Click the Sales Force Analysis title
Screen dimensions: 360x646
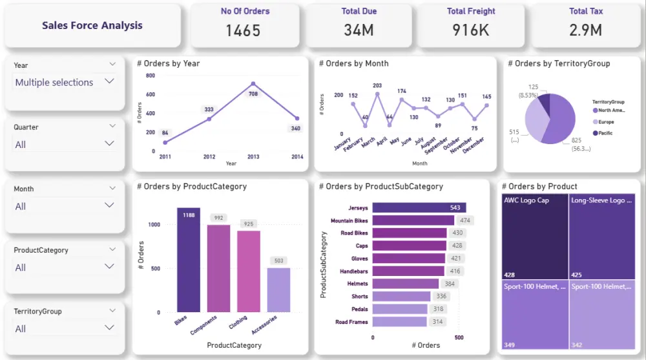click(92, 26)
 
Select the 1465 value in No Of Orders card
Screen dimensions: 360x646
click(244, 30)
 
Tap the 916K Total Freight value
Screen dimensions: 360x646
click(471, 30)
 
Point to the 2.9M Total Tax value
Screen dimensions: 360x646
click(586, 30)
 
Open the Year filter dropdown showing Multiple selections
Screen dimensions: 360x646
click(65, 82)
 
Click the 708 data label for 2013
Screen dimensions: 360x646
click(253, 94)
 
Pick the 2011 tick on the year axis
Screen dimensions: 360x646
click(165, 157)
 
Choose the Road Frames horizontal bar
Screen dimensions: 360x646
click(400, 322)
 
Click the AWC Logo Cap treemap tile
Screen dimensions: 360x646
click(534, 236)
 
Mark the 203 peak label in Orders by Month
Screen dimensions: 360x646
click(377, 86)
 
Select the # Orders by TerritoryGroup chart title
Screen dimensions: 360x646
click(559, 63)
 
